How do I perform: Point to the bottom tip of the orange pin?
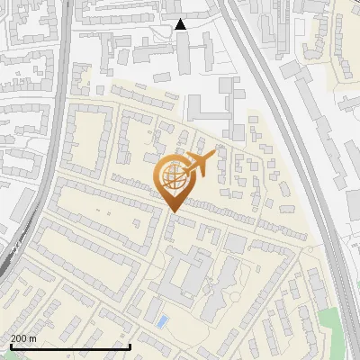tap(173, 211)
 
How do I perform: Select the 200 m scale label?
tap(23, 338)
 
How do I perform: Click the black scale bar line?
tap(70, 346)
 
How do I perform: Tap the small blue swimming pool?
tap(161, 320)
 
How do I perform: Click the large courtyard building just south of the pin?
tap(184, 274)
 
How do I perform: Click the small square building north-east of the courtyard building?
tap(235, 243)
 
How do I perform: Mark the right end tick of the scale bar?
tap(130, 346)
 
